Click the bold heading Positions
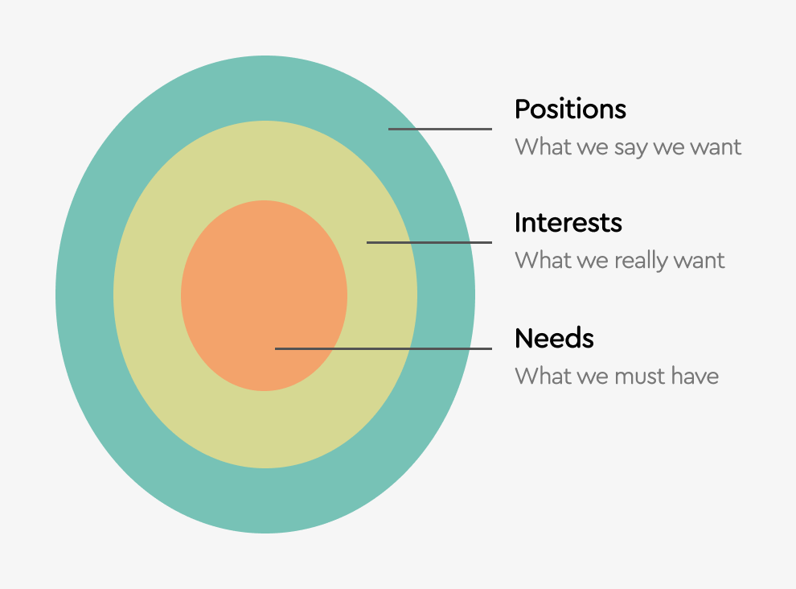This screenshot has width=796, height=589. pos(570,109)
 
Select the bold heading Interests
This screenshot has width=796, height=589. pos(568,223)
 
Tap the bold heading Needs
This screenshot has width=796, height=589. pos(554,338)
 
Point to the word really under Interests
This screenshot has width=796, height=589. pos(641,261)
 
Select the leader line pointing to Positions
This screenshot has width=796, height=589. pos(440,129)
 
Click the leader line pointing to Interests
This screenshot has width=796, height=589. pos(429,242)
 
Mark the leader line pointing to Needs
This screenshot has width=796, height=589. pos(384,348)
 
